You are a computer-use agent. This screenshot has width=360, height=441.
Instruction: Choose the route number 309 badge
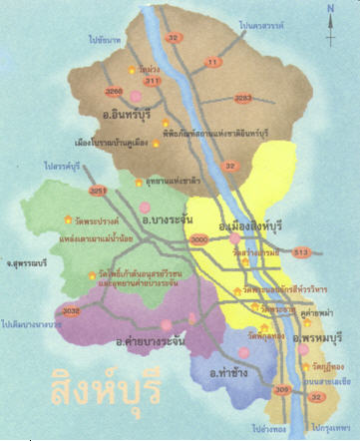point(280,388)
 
